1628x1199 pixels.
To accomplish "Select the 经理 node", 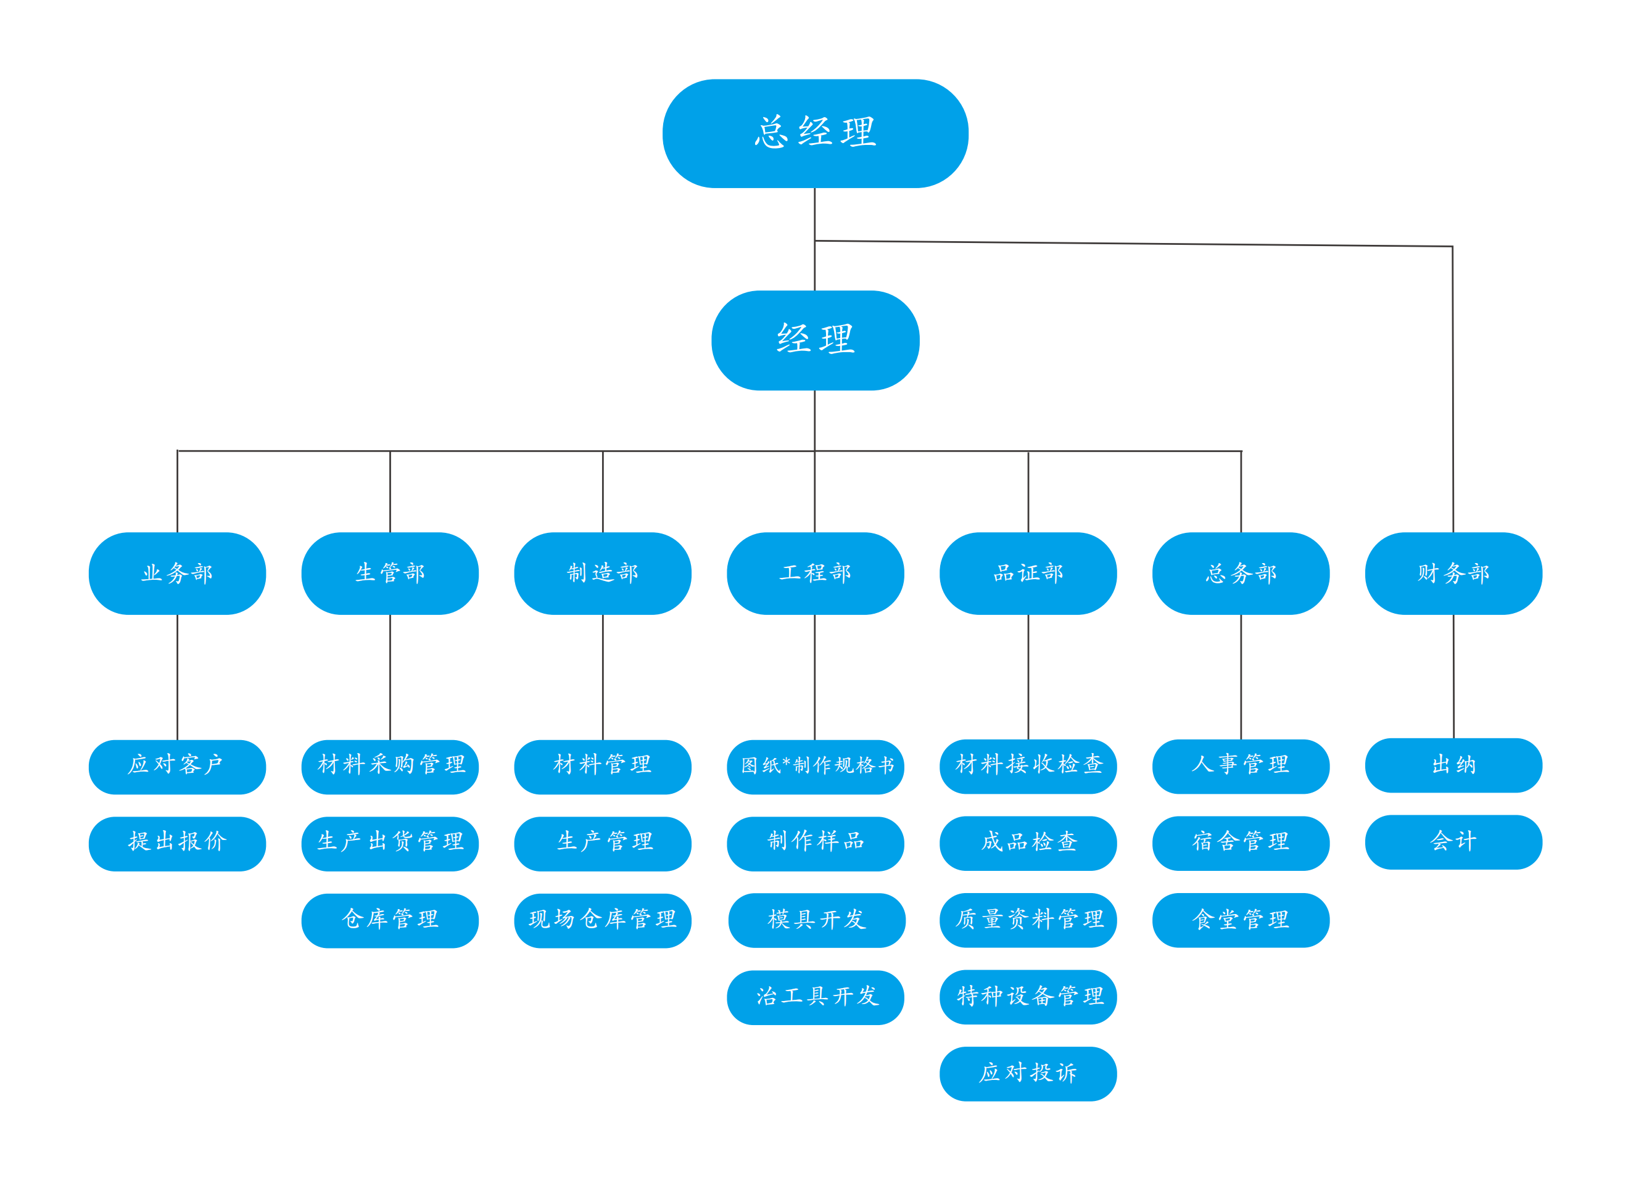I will (x=814, y=340).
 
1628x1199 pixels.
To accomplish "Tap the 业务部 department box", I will (x=177, y=574).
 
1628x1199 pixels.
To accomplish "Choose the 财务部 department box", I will (x=1453, y=574).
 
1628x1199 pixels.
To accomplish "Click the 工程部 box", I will (x=814, y=574).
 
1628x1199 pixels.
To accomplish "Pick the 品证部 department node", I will (x=1028, y=574).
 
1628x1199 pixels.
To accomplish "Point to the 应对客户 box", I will (x=177, y=767).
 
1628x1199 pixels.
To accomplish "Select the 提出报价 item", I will (x=177, y=843).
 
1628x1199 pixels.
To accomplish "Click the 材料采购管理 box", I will (x=390, y=767).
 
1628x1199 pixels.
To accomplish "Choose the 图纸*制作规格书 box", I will (x=814, y=767).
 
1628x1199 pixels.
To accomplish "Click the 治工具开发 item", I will (x=814, y=997).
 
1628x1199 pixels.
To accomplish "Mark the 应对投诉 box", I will (x=1028, y=1073).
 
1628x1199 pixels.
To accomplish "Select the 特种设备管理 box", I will (x=1028, y=997).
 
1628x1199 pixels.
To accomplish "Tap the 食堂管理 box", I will (x=1241, y=920).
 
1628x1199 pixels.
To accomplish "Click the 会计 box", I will (x=1453, y=842).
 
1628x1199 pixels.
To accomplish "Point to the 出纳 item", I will (x=1453, y=765).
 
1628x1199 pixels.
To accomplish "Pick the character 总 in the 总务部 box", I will (x=1215, y=574).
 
